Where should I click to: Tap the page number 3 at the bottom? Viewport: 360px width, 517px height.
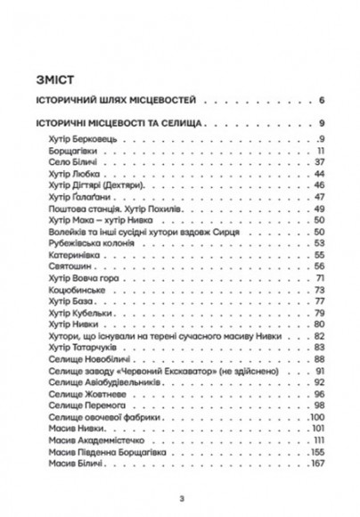[x=180, y=498]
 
